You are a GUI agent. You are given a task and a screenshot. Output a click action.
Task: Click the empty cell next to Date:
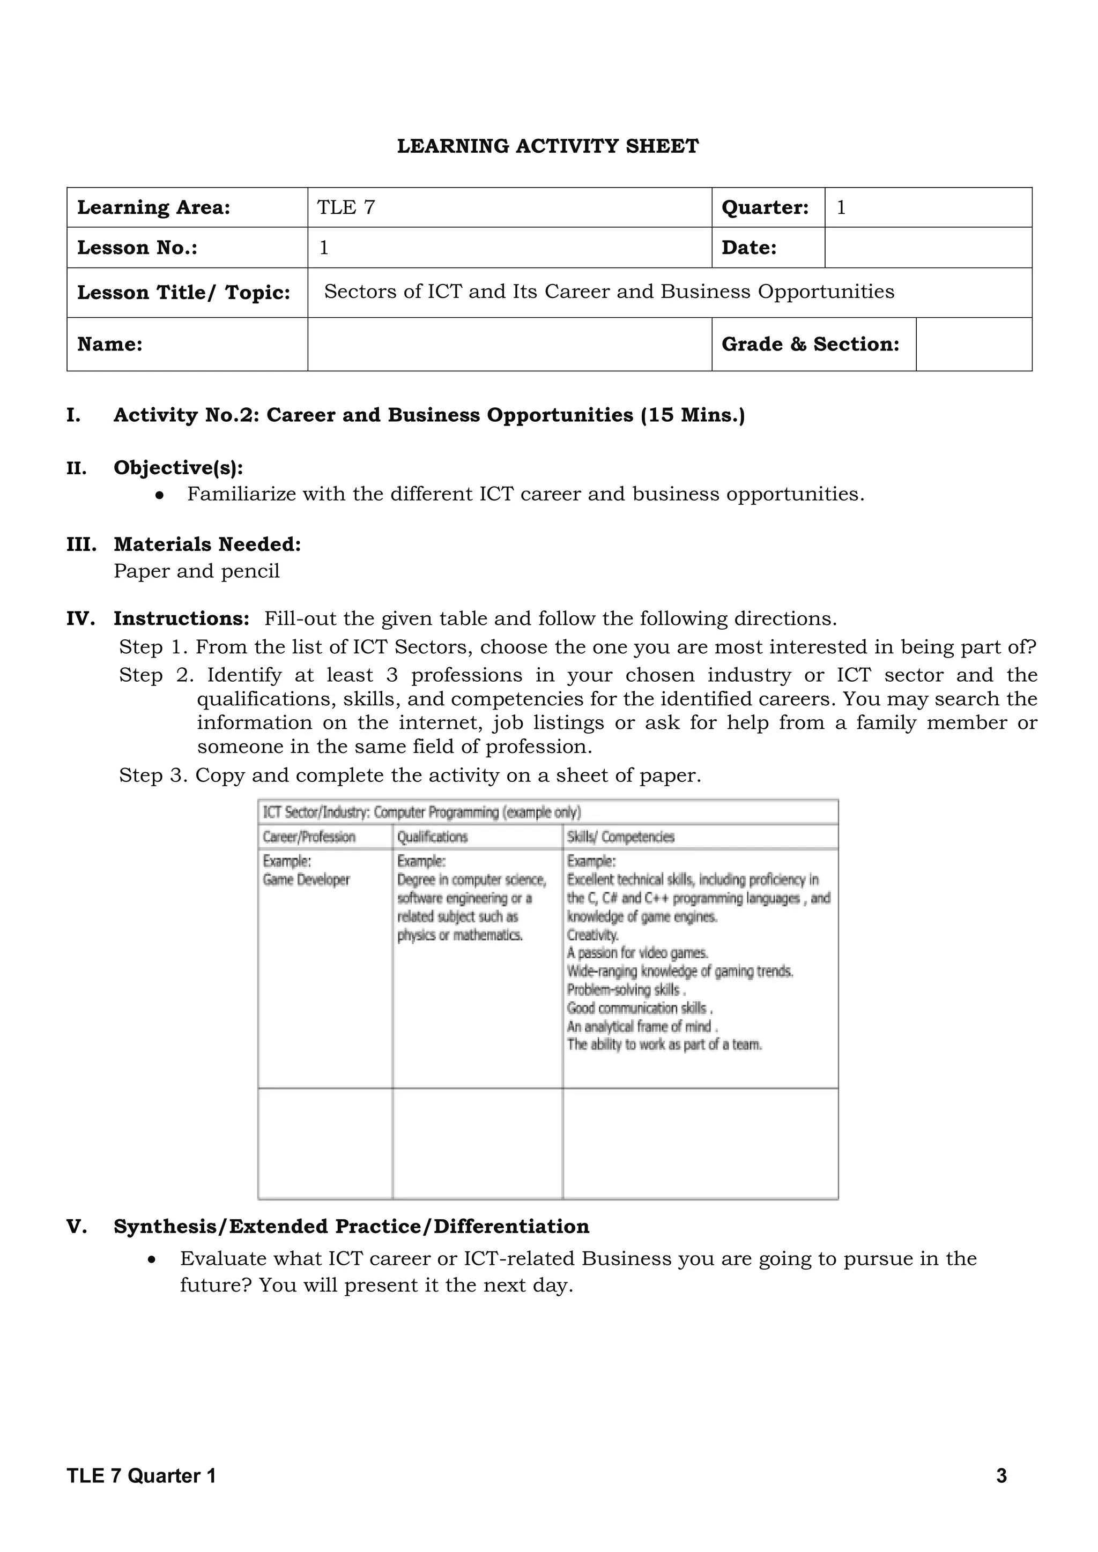point(928,248)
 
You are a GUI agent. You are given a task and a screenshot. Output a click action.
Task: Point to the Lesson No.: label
point(137,248)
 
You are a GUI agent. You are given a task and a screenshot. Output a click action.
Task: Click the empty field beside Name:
point(509,344)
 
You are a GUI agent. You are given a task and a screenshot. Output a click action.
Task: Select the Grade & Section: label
point(810,344)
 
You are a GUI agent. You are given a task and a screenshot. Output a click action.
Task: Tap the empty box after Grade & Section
point(973,344)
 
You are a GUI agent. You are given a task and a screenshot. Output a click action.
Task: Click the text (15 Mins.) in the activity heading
point(693,415)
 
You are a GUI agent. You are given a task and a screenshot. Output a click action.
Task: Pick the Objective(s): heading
point(179,468)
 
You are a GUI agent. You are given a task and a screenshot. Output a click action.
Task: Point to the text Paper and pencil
point(196,571)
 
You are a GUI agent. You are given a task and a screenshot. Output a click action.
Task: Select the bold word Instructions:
point(181,618)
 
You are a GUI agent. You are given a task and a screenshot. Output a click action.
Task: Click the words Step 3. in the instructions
point(153,775)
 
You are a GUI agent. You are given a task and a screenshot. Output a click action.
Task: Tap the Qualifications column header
point(432,837)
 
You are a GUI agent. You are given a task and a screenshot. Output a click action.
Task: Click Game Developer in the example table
point(306,880)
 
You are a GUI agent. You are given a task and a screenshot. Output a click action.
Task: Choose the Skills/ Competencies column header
point(620,837)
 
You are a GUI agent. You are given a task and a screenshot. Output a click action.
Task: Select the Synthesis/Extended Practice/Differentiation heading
point(351,1226)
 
